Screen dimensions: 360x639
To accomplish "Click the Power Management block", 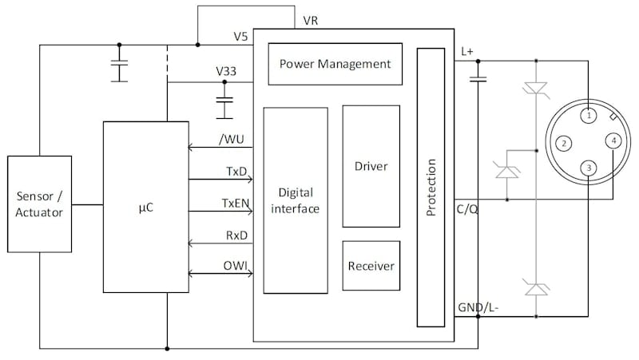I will click(x=335, y=64).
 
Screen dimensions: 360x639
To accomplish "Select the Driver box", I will click(x=371, y=166).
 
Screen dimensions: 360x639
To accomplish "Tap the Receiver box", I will click(x=371, y=264).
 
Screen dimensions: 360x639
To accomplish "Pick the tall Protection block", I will click(x=431, y=187).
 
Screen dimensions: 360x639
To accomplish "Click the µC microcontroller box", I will click(x=145, y=207).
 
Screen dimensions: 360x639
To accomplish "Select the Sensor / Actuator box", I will click(x=39, y=205).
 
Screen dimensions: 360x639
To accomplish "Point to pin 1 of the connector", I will click(x=588, y=116).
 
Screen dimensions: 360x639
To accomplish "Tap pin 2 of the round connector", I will click(x=564, y=144).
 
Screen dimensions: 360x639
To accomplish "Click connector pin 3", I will click(x=588, y=168).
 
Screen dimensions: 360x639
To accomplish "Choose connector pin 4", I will click(x=613, y=141).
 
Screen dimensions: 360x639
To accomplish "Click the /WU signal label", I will click(x=232, y=140).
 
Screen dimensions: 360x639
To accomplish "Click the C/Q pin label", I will click(x=467, y=210).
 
